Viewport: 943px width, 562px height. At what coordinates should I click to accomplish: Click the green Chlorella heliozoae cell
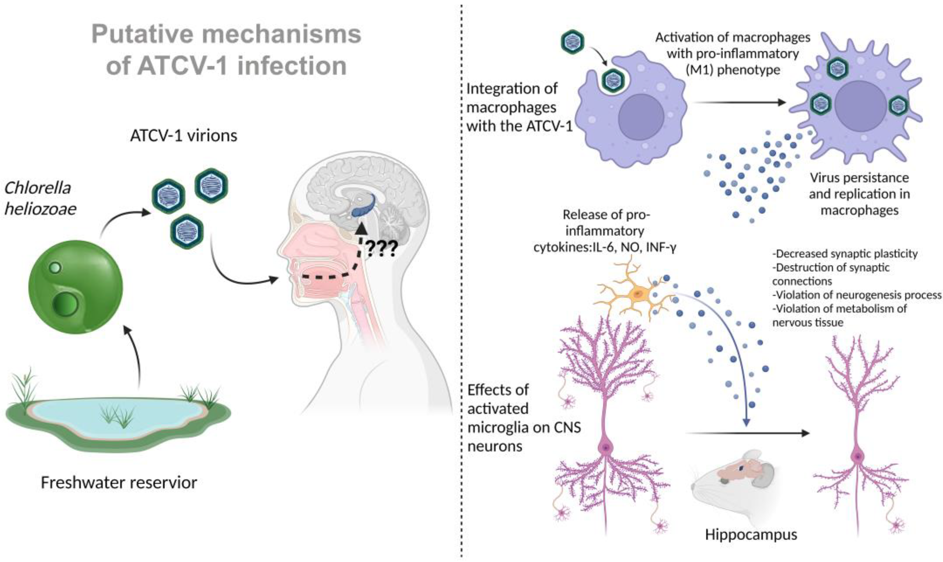pyautogui.click(x=76, y=287)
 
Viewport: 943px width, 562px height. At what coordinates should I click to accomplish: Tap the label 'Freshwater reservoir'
pyautogui.click(x=119, y=483)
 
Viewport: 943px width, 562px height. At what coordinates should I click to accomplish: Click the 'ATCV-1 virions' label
pyautogui.click(x=184, y=136)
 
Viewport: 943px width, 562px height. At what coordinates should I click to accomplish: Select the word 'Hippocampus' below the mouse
pyautogui.click(x=751, y=535)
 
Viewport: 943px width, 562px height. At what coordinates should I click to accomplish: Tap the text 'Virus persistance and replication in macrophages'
pyautogui.click(x=859, y=194)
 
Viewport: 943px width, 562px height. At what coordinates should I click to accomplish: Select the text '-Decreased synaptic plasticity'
pyautogui.click(x=845, y=253)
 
